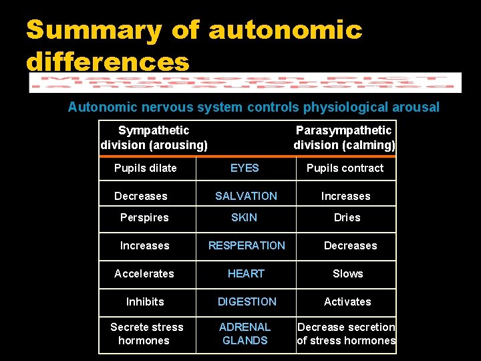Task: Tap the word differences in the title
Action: pyautogui.click(x=108, y=62)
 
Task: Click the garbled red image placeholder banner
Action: pyautogui.click(x=245, y=83)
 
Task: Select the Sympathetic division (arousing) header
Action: pyautogui.click(x=154, y=138)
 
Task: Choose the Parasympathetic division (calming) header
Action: pyautogui.click(x=344, y=138)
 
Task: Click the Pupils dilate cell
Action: pyautogui.click(x=146, y=168)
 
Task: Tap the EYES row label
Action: pyautogui.click(x=245, y=168)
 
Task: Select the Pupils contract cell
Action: pyautogui.click(x=345, y=168)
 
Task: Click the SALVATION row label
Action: pyautogui.click(x=246, y=196)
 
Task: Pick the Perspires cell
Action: pyautogui.click(x=144, y=217)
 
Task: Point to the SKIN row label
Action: pyautogui.click(x=244, y=217)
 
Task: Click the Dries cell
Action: pyautogui.click(x=347, y=217)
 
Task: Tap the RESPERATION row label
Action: pyautogui.click(x=247, y=245)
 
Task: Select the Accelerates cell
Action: pyautogui.click(x=144, y=273)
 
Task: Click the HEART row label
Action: pyautogui.click(x=246, y=273)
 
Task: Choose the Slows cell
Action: pyautogui.click(x=348, y=273)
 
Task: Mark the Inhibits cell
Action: pyautogui.click(x=145, y=302)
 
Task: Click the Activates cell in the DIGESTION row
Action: pyautogui.click(x=347, y=302)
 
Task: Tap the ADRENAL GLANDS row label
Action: pyautogui.click(x=245, y=334)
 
